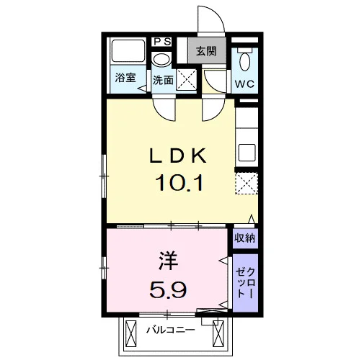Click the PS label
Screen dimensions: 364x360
(162, 42)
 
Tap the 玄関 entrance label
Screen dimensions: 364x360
(206, 51)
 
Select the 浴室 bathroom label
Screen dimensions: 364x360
(125, 78)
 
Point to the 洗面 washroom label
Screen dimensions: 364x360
(163, 80)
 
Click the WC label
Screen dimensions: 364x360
(244, 84)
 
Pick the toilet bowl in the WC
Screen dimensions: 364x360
(245, 59)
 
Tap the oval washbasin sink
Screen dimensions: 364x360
(161, 59)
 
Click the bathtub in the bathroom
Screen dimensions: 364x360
(128, 51)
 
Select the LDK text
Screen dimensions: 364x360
(177, 156)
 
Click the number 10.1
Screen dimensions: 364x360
(179, 182)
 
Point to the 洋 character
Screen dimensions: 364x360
(168, 261)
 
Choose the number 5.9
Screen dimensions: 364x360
(168, 289)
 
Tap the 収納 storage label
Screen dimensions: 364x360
(244, 238)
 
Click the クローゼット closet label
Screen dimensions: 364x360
(245, 283)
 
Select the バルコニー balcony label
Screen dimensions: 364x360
(171, 330)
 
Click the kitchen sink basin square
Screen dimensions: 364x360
(247, 153)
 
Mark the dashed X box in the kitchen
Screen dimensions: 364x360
(247, 183)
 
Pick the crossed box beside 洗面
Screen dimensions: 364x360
(187, 79)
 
